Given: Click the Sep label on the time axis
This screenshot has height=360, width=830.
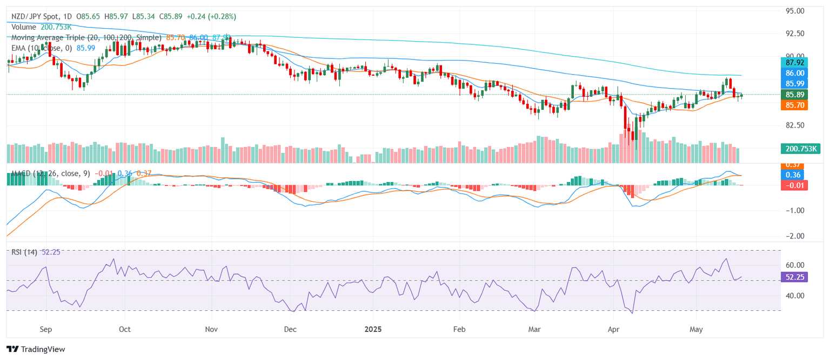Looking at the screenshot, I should (45, 329).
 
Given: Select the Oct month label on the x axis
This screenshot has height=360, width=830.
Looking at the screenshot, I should (124, 329).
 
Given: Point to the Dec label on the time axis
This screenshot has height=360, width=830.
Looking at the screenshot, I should (290, 329).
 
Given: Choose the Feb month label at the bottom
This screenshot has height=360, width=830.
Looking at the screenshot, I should (459, 329).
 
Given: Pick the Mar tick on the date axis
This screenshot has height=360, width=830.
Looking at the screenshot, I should (534, 329).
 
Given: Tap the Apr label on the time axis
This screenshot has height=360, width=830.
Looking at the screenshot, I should (613, 329).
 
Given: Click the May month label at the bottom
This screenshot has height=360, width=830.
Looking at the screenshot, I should (697, 329).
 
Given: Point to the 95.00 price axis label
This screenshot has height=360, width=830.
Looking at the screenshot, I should (794, 11).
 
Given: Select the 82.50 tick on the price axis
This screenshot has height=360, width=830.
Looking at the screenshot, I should (794, 125).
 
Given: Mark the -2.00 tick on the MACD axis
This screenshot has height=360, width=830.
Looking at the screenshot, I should (794, 236).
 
